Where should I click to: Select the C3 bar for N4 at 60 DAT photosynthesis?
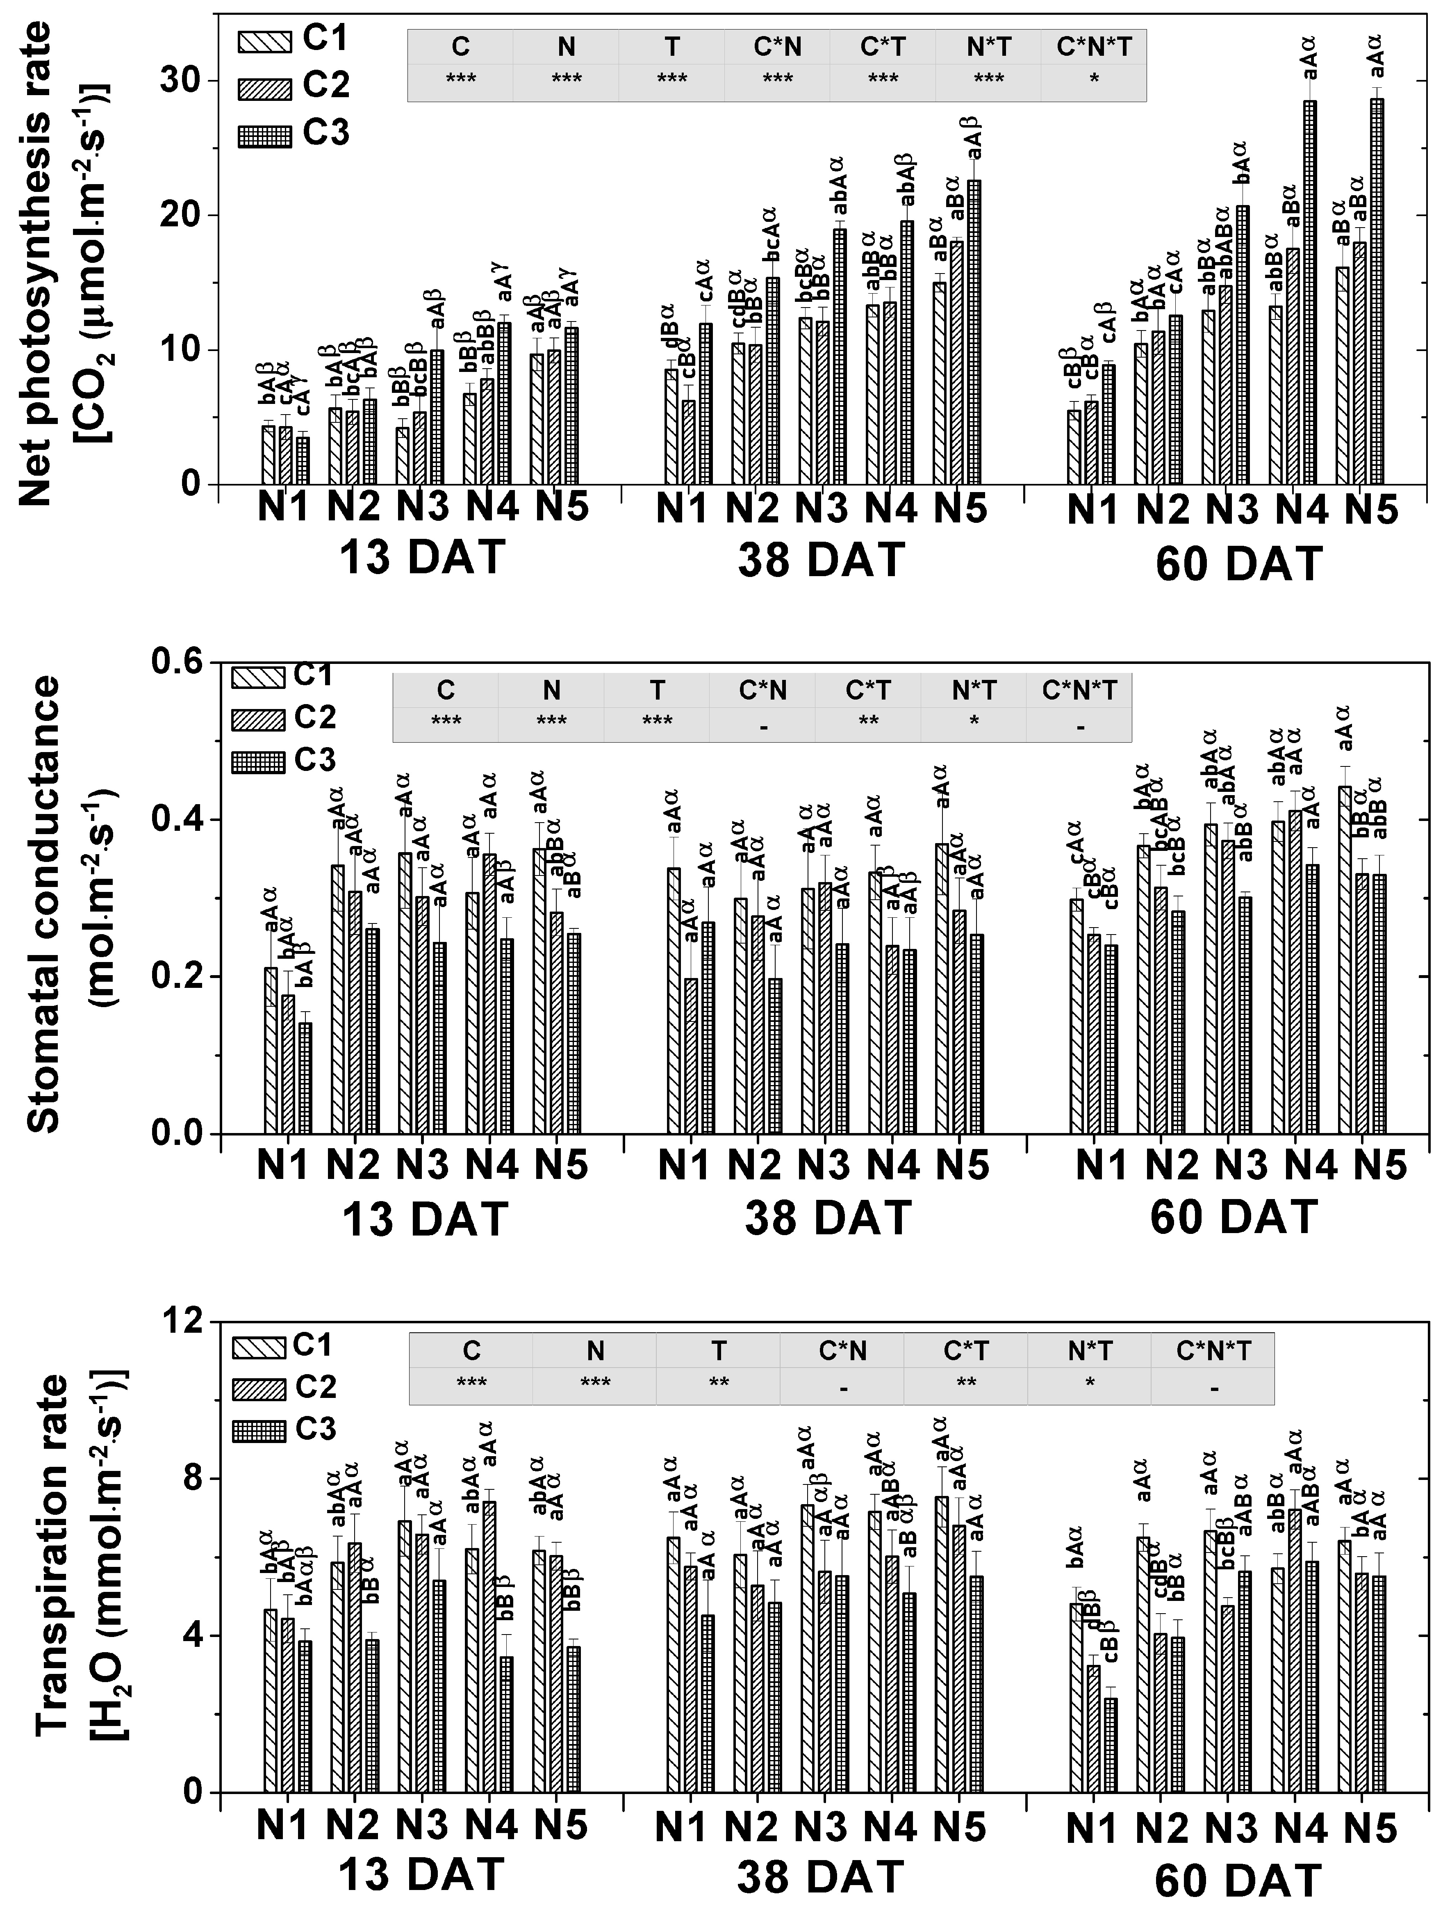coord(1309,293)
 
